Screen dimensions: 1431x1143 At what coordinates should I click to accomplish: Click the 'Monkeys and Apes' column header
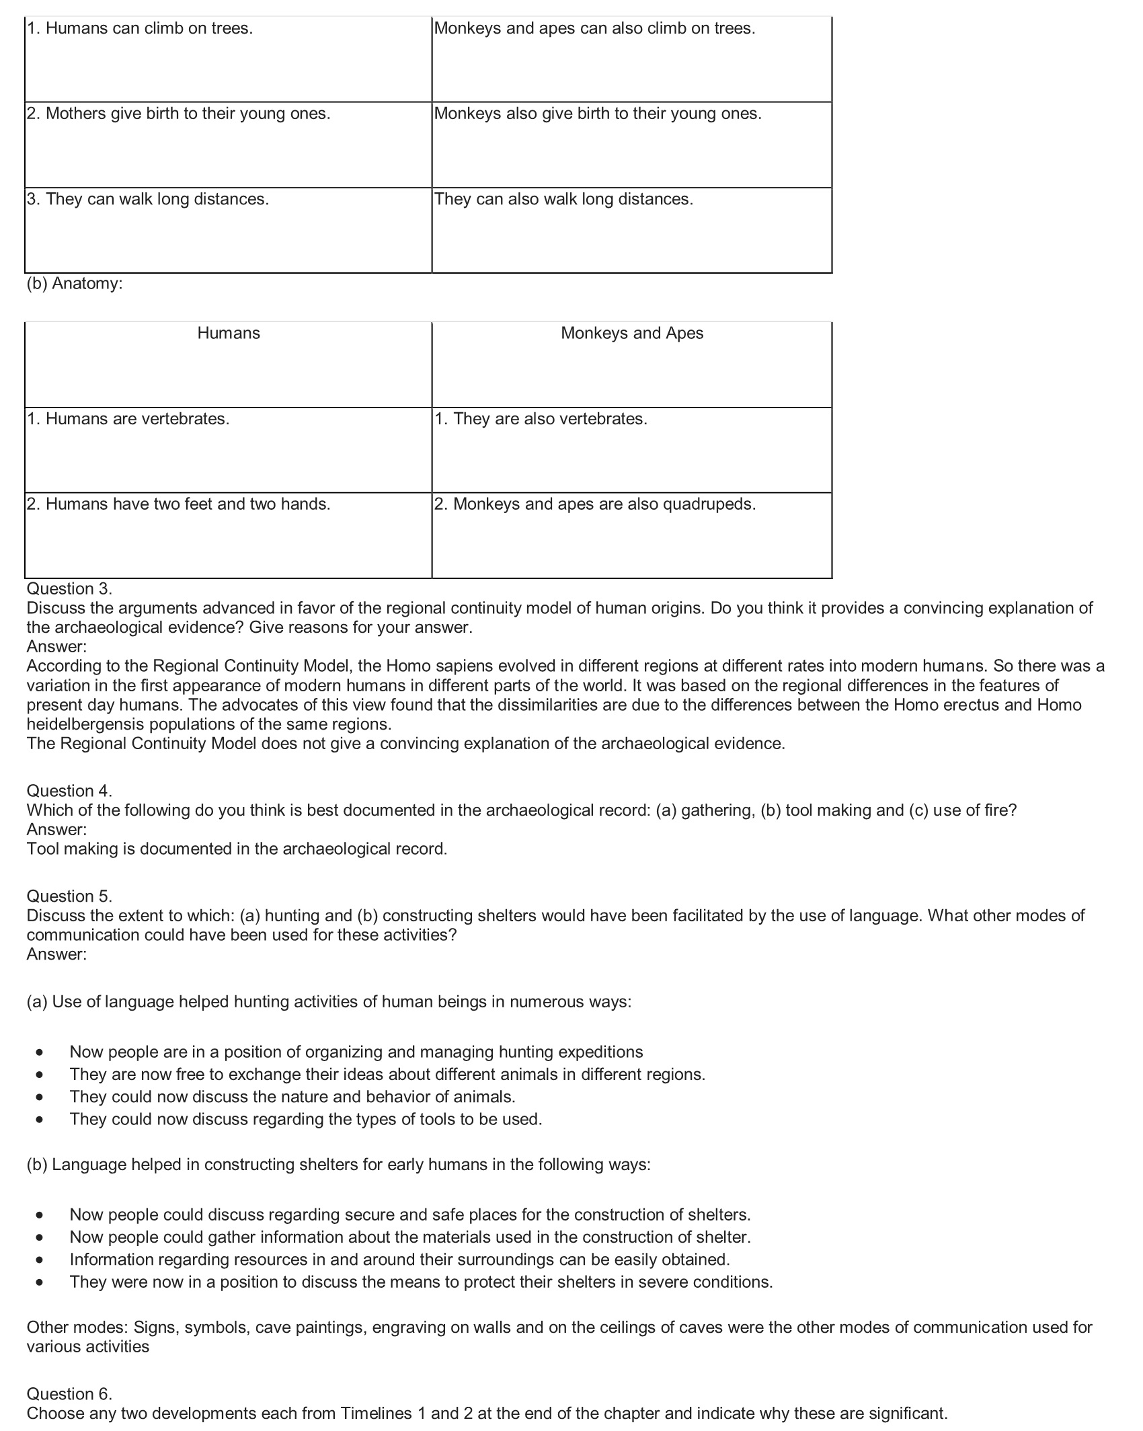631,334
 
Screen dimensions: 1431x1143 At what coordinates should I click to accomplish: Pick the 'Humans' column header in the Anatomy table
228,334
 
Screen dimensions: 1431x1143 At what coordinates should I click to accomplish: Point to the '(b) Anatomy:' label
75,284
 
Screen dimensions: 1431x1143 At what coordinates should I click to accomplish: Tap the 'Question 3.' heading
69,589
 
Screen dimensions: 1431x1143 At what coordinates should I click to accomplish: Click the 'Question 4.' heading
69,791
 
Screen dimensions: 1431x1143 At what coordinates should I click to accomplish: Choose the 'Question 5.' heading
69,896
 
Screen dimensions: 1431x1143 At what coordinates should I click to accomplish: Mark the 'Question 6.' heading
69,1394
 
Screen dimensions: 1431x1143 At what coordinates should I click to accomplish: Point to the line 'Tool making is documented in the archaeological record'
237,849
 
